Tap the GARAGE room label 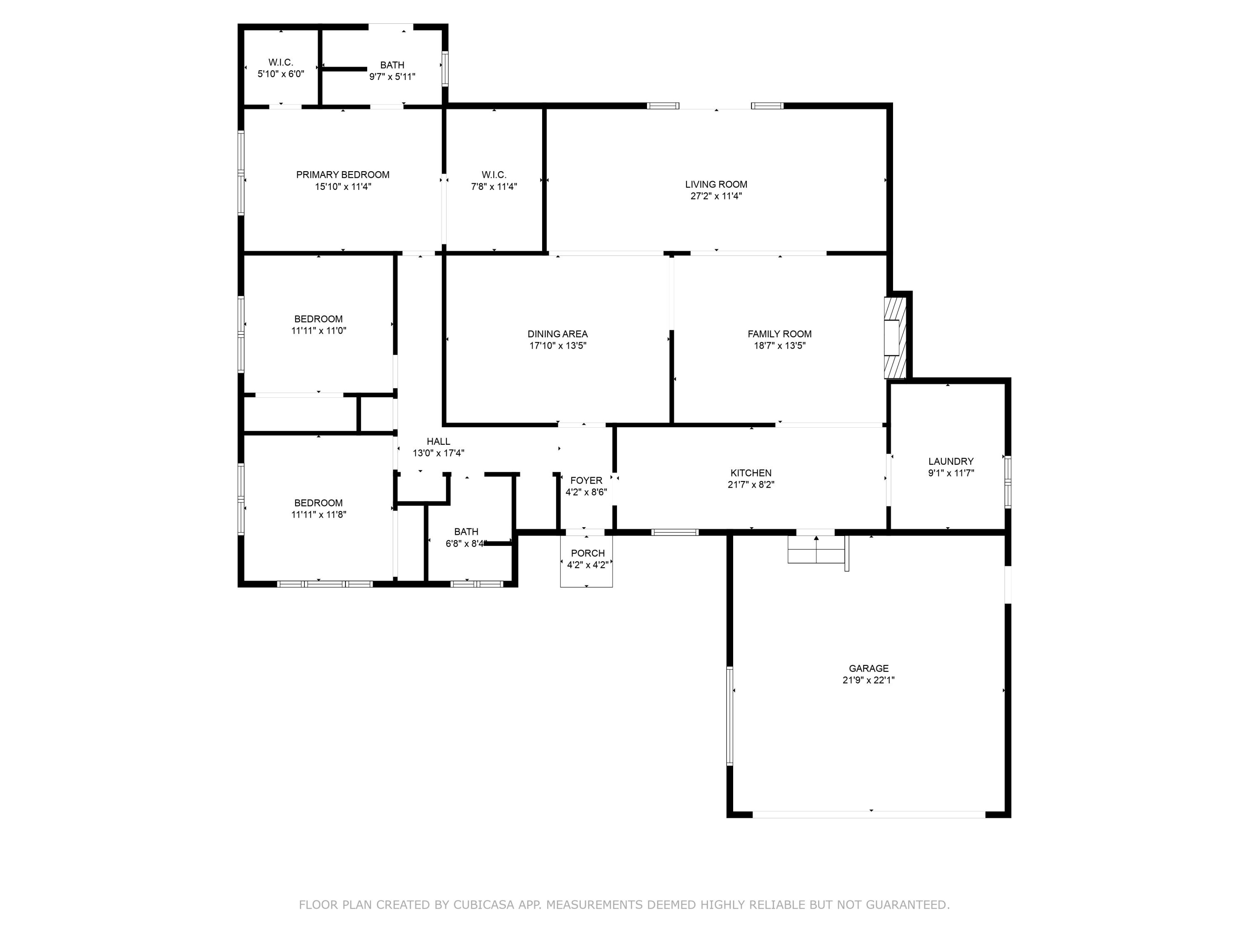868,668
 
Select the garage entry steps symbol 816,550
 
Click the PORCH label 587,553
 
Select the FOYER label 586,480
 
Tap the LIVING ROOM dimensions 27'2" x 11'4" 716,196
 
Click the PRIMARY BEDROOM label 343,174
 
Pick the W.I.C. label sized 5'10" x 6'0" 281,62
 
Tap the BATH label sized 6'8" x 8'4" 466,531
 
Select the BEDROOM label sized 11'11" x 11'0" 318,319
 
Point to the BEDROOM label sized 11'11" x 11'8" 318,503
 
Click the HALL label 438,441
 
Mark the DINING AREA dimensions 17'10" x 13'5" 557,346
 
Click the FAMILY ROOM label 779,334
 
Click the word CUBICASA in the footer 483,905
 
